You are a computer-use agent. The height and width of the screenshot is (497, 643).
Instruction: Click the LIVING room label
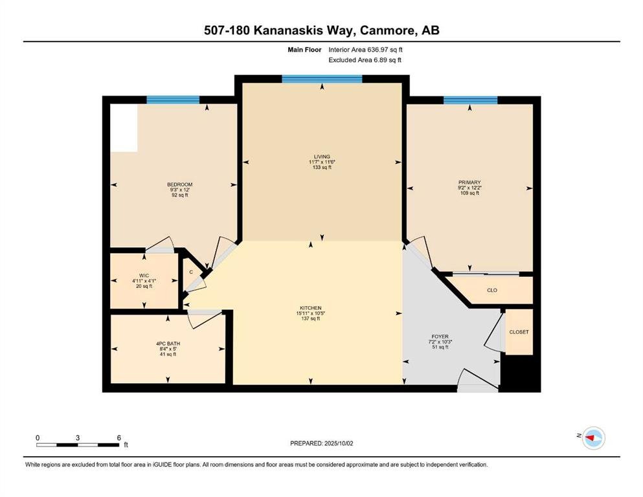[x=322, y=157]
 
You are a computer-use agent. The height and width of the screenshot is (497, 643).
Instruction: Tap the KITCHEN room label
[x=310, y=308]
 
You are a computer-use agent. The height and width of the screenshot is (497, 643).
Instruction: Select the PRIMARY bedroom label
[x=469, y=182]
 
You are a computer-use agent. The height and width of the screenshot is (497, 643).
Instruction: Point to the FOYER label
[x=440, y=337]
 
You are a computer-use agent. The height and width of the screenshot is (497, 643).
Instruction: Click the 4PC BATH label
[x=168, y=344]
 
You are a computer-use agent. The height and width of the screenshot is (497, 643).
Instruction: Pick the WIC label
[x=144, y=276]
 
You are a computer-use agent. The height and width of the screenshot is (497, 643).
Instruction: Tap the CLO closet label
[x=492, y=290]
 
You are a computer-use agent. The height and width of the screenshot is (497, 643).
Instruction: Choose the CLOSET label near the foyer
[x=519, y=332]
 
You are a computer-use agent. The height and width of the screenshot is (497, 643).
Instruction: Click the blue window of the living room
[x=322, y=79]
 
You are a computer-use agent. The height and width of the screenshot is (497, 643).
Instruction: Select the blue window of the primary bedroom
[x=470, y=100]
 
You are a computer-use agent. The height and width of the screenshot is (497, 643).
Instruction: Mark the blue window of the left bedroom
[x=173, y=100]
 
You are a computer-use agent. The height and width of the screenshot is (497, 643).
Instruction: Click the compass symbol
[x=594, y=438]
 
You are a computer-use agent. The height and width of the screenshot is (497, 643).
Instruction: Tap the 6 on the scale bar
[x=119, y=437]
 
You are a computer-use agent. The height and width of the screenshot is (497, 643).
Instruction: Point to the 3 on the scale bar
[x=78, y=437]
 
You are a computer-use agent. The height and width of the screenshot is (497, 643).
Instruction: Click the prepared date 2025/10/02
[x=338, y=443]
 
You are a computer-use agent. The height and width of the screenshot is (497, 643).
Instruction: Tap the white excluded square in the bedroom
[x=124, y=128]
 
